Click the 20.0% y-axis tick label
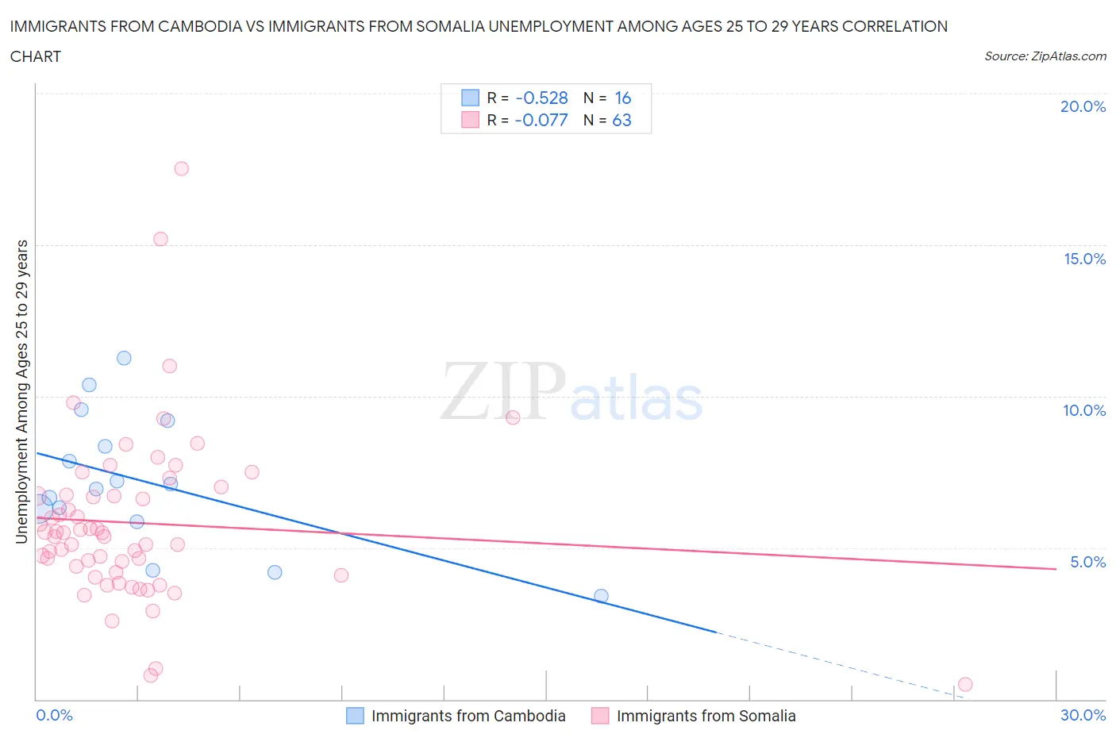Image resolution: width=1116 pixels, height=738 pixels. pyautogui.click(x=1083, y=107)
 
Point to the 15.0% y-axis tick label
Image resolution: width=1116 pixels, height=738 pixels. pyautogui.click(x=1084, y=259)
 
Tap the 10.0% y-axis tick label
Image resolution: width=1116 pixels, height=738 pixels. pyautogui.click(x=1084, y=411)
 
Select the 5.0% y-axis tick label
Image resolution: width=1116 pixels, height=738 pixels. pyautogui.click(x=1087, y=563)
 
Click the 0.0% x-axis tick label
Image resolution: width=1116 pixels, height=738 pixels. pyautogui.click(x=54, y=716)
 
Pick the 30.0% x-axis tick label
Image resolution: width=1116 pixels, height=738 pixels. pyautogui.click(x=1083, y=716)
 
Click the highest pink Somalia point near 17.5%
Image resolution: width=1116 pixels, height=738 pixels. pyautogui.click(x=181, y=168)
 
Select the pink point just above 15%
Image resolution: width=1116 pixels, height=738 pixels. pyautogui.click(x=160, y=239)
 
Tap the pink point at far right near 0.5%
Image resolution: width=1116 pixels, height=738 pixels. pyautogui.click(x=965, y=684)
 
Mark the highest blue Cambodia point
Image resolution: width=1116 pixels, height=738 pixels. pyautogui.click(x=124, y=358)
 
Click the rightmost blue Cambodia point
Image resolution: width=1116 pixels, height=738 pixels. pyautogui.click(x=601, y=596)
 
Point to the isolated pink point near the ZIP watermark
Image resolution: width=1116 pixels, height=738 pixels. pyautogui.click(x=513, y=417)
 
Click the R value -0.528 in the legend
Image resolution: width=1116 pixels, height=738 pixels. pyautogui.click(x=541, y=98)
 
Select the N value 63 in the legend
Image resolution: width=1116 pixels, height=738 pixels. pyautogui.click(x=621, y=121)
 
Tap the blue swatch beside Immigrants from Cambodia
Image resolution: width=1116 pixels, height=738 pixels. pyautogui.click(x=355, y=716)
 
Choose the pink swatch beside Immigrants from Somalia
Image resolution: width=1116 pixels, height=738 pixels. pyautogui.click(x=600, y=716)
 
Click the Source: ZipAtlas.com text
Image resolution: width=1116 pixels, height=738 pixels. pyautogui.click(x=1045, y=56)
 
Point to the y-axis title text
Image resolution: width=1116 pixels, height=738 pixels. pyautogui.click(x=22, y=391)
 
